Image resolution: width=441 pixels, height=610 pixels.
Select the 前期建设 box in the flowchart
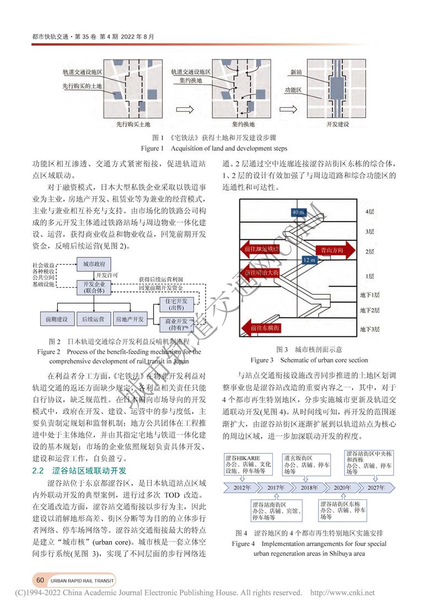56,319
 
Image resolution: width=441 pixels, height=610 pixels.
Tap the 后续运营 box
93,319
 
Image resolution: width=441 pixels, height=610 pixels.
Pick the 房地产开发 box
130,319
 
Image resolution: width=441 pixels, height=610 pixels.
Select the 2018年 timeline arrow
309,488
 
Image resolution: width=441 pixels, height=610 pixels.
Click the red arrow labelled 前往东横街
265,328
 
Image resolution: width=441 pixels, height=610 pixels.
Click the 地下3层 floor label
370,329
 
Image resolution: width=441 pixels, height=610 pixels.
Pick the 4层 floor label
370,212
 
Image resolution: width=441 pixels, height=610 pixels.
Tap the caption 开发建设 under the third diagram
337,125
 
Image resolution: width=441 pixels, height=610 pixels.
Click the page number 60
40,580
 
